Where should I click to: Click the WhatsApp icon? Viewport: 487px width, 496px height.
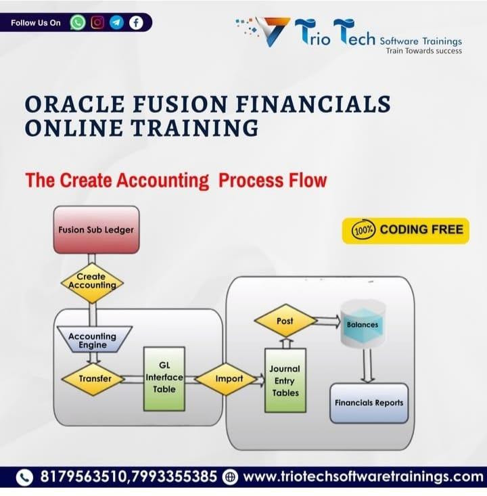(78, 23)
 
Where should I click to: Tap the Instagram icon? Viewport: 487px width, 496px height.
(97, 22)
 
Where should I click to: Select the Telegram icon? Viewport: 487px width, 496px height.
(117, 22)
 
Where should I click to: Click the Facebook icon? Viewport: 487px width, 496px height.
(136, 23)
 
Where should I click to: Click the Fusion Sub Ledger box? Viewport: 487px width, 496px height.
(97, 229)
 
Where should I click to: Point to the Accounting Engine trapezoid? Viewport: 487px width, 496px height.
(94, 340)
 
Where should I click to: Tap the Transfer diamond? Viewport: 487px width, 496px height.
(93, 379)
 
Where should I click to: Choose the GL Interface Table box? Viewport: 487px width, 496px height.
(164, 379)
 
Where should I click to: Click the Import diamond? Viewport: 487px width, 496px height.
(226, 379)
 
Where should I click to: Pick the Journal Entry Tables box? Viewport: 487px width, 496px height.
(285, 380)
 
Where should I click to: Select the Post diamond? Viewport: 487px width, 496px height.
(285, 321)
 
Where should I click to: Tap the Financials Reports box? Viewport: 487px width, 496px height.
(369, 403)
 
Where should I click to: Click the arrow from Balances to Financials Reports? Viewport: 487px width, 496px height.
(367, 365)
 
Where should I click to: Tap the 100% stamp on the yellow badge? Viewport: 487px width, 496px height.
(363, 230)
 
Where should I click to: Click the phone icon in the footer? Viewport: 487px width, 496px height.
(24, 477)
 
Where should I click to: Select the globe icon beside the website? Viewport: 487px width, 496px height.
(230, 477)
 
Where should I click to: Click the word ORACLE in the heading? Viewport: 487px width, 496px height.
(74, 104)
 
